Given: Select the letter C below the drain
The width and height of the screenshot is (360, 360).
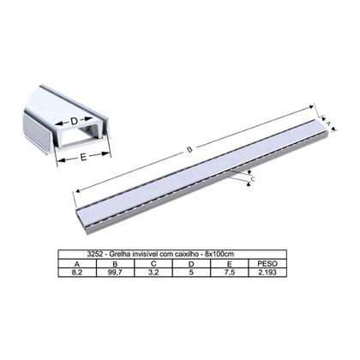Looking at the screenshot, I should coord(250,177).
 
